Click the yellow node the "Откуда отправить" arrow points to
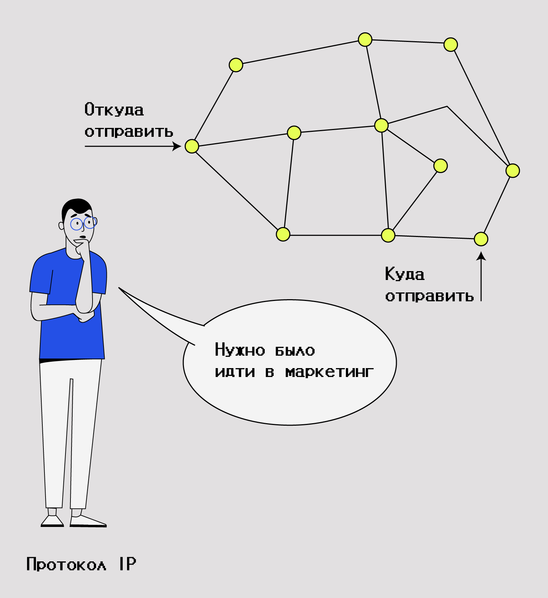pyautogui.click(x=192, y=146)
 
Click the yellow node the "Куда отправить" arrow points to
pyautogui.click(x=481, y=239)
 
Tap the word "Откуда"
pyautogui.click(x=114, y=109)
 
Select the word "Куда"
pyautogui.click(x=405, y=274)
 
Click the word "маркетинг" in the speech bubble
pyautogui.click(x=330, y=372)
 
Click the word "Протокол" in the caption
pyautogui.click(x=66, y=564)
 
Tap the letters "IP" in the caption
pyautogui.click(x=127, y=564)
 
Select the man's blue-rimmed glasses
pyautogui.click(x=83, y=223)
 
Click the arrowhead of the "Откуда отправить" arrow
pyautogui.click(x=176, y=146)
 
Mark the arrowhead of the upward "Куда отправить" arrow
pyautogui.click(x=481, y=256)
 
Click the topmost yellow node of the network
pyautogui.click(x=365, y=39)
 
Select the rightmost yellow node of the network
pyautogui.click(x=513, y=171)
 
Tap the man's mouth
pyautogui.click(x=83, y=237)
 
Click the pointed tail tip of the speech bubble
pyautogui.click(x=119, y=287)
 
